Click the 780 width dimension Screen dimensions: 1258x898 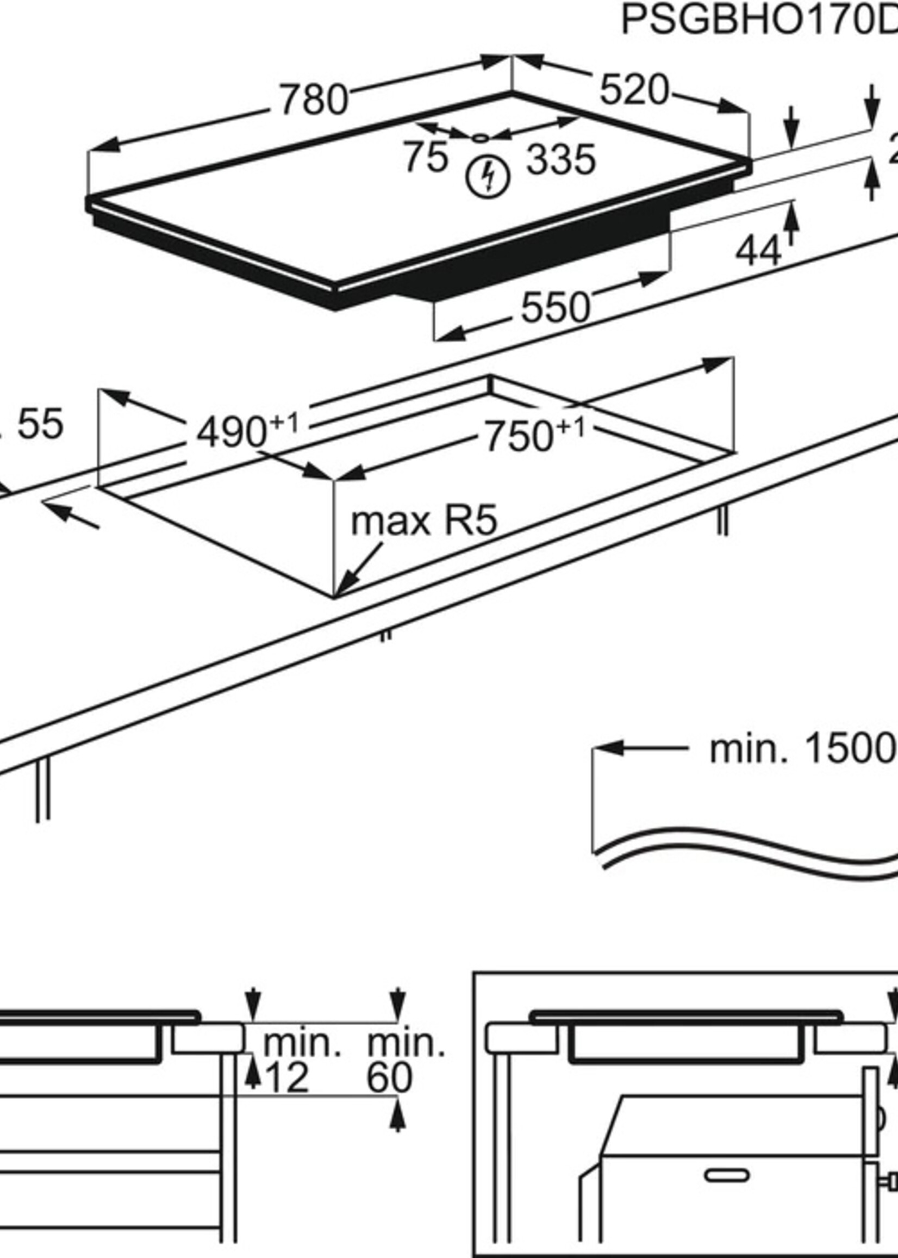[x=314, y=100]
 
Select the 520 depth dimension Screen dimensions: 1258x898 [x=634, y=90]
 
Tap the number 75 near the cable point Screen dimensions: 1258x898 [x=425, y=157]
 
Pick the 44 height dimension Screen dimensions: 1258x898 [x=758, y=251]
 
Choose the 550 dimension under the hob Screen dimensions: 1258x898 [x=555, y=308]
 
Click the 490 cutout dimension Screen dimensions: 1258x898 [x=232, y=432]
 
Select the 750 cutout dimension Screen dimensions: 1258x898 [x=519, y=436]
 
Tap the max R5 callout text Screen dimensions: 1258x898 [x=424, y=521]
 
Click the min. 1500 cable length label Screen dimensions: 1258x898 [x=802, y=749]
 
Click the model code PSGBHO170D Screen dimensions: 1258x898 [x=758, y=21]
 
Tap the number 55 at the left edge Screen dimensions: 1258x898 [x=40, y=424]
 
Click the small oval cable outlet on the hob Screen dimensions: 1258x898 [x=481, y=137]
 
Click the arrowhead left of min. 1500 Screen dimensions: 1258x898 [x=608, y=748]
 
